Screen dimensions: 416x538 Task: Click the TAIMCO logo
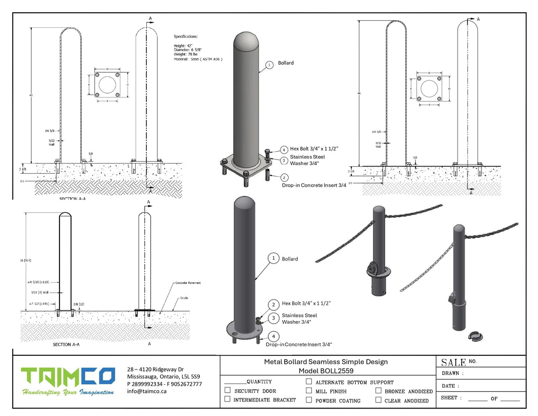pyautogui.click(x=68, y=377)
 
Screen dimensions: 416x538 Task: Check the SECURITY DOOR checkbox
pyautogui.click(x=228, y=390)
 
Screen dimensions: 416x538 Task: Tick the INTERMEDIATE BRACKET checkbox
pyautogui.click(x=228, y=399)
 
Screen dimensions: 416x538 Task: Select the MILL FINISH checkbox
pyautogui.click(x=309, y=390)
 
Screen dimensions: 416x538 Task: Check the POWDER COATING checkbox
pyautogui.click(x=309, y=400)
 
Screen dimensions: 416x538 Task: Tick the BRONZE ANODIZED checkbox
pyautogui.click(x=378, y=390)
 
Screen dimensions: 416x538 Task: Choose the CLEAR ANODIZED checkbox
pyautogui.click(x=378, y=400)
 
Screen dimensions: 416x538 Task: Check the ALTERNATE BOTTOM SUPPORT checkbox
pyautogui.click(x=309, y=382)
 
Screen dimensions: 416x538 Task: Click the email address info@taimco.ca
pyautogui.click(x=146, y=391)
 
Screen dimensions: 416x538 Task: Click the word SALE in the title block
pyautogui.click(x=453, y=362)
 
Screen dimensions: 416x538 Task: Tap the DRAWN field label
pyautogui.click(x=451, y=374)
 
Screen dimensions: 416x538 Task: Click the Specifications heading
pyautogui.click(x=186, y=37)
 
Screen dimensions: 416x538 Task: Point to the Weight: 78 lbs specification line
pyautogui.click(x=186, y=55)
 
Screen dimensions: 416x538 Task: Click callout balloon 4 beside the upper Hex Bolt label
pyautogui.click(x=284, y=150)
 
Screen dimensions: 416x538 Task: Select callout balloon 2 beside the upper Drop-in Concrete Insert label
pyautogui.click(x=284, y=178)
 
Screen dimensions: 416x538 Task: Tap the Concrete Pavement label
pyautogui.click(x=188, y=283)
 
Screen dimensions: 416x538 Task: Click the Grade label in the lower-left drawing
pyautogui.click(x=184, y=298)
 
